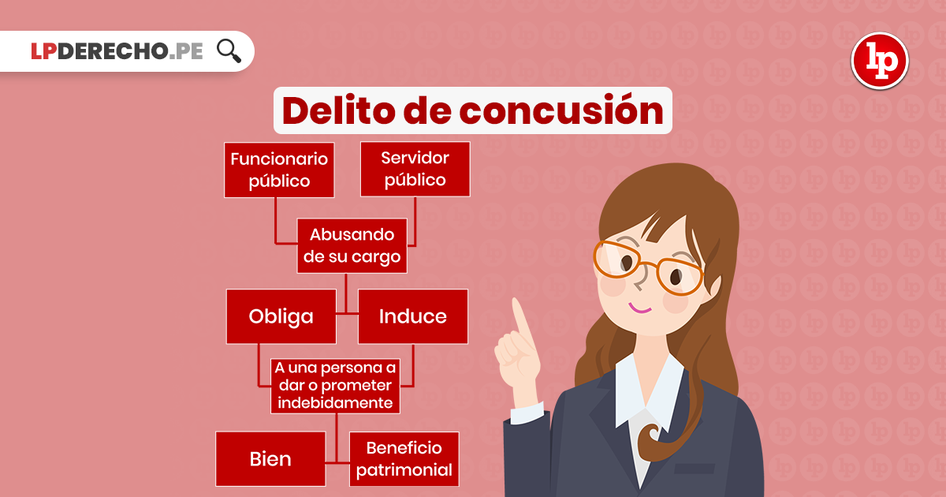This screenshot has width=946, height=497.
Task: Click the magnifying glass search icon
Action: tap(229, 51)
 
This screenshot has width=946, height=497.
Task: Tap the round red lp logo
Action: tap(880, 61)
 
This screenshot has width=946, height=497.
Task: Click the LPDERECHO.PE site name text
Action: tap(117, 51)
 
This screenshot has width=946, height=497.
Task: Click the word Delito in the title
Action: tap(339, 110)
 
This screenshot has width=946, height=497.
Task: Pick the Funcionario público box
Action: tap(279, 170)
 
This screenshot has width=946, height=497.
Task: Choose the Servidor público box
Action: tap(415, 169)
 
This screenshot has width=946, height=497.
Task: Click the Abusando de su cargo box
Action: tap(352, 245)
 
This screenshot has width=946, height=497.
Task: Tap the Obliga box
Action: tap(281, 316)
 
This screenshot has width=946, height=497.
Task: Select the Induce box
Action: tap(413, 316)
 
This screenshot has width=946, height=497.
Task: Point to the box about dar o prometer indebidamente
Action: tap(335, 386)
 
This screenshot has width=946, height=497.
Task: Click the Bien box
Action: tap(270, 459)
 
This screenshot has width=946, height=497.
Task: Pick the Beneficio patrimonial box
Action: tap(404, 459)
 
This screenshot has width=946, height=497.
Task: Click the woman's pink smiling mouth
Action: tap(640, 308)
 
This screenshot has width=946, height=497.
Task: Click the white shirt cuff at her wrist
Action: tap(527, 413)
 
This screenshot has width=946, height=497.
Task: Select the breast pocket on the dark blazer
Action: tap(695, 469)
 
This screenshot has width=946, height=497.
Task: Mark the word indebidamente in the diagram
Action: tap(335, 403)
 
